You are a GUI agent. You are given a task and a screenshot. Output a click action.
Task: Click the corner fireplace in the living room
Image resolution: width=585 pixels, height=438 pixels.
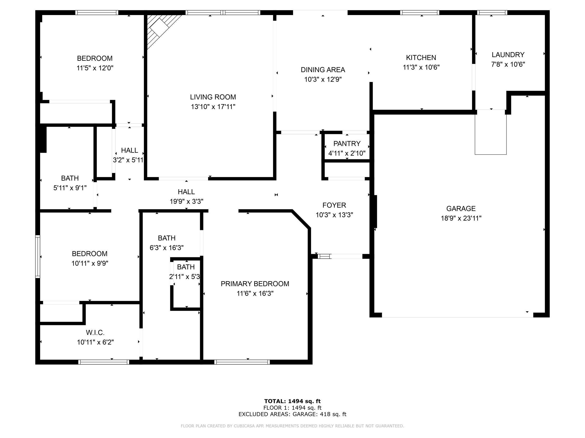(x=161, y=29)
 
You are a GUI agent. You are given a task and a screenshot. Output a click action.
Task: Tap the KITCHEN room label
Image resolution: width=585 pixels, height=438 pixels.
(x=421, y=58)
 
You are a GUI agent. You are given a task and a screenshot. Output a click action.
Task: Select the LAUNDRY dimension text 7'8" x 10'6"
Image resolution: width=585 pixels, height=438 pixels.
(x=508, y=64)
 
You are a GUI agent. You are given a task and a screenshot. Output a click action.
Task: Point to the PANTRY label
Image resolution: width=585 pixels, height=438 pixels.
(x=347, y=144)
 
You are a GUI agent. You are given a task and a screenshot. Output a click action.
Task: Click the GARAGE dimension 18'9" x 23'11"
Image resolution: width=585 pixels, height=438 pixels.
(x=461, y=218)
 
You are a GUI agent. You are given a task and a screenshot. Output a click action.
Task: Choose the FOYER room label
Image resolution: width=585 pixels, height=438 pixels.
(x=334, y=205)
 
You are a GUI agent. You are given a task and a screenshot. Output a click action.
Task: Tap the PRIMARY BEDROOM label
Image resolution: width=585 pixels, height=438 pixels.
(x=255, y=284)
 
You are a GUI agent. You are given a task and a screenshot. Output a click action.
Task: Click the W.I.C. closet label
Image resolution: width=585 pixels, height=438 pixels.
(x=95, y=332)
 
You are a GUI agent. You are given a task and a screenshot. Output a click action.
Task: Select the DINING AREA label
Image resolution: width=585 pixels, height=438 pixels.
(x=323, y=70)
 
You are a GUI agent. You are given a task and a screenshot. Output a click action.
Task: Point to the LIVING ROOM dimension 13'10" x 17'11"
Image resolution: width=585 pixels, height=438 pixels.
(x=213, y=107)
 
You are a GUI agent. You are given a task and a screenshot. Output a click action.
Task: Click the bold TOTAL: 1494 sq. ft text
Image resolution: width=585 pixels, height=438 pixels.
(x=292, y=402)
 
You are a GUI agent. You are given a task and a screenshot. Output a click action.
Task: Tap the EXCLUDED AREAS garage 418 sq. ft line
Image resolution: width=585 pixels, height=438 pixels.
(x=292, y=414)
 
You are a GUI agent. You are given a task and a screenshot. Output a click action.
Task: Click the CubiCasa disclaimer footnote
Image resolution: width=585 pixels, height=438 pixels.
(x=292, y=426)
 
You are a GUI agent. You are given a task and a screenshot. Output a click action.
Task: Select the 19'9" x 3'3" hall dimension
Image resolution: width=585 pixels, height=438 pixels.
(x=187, y=202)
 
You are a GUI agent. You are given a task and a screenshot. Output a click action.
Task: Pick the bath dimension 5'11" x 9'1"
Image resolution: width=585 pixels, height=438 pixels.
(x=70, y=188)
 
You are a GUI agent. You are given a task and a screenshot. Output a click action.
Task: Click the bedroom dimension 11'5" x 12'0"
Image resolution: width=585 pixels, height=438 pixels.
(x=95, y=68)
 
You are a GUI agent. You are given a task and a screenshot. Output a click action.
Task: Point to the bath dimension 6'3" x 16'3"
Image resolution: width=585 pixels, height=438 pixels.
(x=167, y=248)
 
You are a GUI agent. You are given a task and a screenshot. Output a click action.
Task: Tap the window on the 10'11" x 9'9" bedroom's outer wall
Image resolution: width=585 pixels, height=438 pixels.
(x=38, y=256)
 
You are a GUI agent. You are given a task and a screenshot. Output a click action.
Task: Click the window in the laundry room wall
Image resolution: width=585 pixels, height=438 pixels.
(x=492, y=12)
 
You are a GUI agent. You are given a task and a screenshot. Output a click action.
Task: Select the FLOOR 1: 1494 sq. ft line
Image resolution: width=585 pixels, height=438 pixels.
(x=292, y=408)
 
